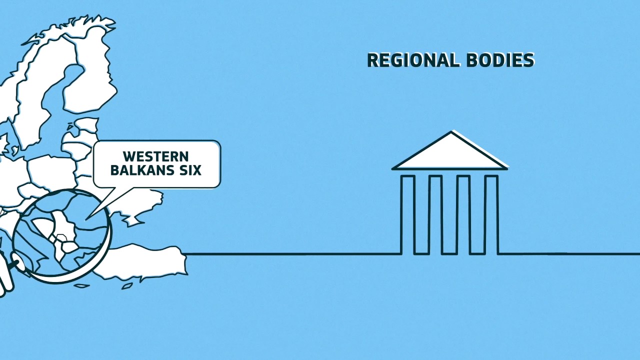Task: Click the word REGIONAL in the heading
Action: pyautogui.click(x=413, y=60)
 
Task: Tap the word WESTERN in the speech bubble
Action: pyautogui.click(x=156, y=156)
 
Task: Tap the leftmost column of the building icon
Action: pyautogui.click(x=407, y=214)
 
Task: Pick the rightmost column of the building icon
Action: pyautogui.click(x=491, y=214)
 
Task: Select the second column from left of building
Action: pyautogui.click(x=435, y=214)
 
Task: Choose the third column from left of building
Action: pyautogui.click(x=463, y=214)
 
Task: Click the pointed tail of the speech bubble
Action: pyautogui.click(x=87, y=219)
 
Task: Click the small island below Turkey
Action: pyautogui.click(x=127, y=286)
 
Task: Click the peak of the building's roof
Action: pyautogui.click(x=451, y=131)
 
